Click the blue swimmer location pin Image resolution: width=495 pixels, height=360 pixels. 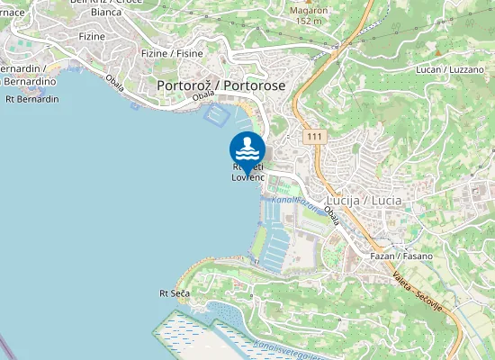pos(247,149)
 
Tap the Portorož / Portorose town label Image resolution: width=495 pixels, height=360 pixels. pos(220,85)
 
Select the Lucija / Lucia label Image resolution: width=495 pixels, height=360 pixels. pos(364,199)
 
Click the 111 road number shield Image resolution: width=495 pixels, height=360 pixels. pos(313,136)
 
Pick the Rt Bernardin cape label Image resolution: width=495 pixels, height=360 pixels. pos(31,99)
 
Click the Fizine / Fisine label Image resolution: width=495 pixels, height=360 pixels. pos(172,53)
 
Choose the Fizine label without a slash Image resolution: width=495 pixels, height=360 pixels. pos(92,37)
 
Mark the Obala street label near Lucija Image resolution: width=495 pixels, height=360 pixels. pos(333,214)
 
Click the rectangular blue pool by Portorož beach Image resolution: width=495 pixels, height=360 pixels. pos(218,114)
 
